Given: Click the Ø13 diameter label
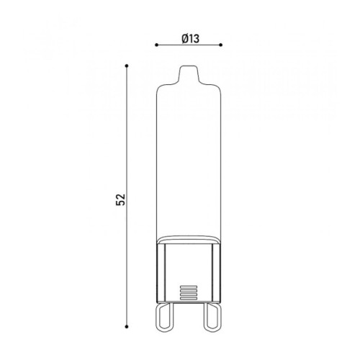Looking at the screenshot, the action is [x=191, y=38].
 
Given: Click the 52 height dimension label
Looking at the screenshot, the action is [x=121, y=199].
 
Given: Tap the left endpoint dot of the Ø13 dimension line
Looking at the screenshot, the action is [x=156, y=45].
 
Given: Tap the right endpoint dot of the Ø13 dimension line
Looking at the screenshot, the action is [x=221, y=45].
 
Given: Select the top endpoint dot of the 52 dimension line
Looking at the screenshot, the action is [x=127, y=66].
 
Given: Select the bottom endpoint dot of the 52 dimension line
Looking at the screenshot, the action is [x=127, y=327].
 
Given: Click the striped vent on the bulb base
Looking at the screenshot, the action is [x=189, y=292].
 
